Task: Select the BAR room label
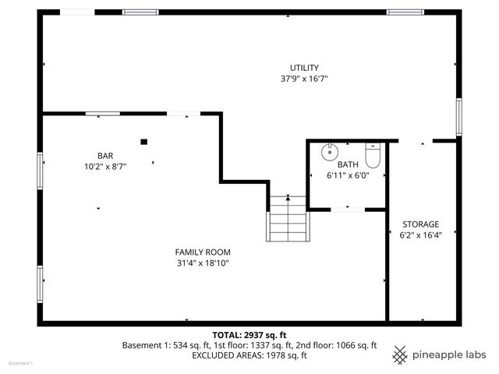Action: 105,155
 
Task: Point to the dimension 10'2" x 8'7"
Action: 105,166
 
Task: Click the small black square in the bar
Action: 143,141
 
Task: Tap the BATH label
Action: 347,164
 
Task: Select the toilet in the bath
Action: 372,155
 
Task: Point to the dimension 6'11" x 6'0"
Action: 347,175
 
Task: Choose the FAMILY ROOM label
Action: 202,252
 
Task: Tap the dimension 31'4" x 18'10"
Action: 202,263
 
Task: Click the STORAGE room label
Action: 420,224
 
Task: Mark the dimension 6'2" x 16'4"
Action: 420,235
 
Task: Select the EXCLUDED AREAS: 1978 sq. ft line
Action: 249,355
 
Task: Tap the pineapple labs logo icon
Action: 400,355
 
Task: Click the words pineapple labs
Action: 449,355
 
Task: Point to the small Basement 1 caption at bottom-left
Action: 20,364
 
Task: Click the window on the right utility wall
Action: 459,117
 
